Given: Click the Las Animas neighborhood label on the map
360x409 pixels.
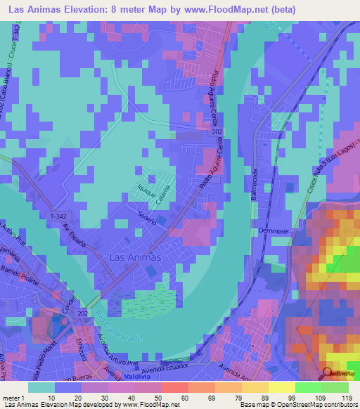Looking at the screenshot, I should click(136, 257).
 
